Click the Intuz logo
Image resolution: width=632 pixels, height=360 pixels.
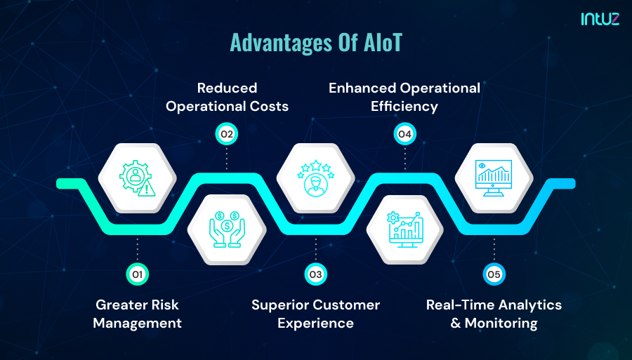[600, 20]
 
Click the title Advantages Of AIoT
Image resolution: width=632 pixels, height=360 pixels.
[316, 44]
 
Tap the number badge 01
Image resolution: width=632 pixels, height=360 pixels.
[138, 274]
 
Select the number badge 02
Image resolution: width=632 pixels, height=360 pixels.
[227, 133]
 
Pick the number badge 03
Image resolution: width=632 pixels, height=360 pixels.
[315, 274]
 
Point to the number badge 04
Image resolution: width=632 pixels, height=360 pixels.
[404, 133]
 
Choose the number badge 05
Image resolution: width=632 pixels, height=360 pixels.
[494, 274]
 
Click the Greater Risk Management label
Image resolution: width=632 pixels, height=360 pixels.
[138, 314]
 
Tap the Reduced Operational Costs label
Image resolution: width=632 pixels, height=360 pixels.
[227, 98]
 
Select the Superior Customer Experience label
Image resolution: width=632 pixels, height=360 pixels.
[315, 314]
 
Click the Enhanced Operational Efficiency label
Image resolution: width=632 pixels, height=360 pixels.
[404, 98]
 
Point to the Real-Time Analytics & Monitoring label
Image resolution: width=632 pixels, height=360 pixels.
[494, 314]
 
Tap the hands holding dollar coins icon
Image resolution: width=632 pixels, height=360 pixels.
[227, 229]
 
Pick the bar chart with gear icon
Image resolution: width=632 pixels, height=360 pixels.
[404, 229]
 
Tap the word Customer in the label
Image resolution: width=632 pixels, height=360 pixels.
[346, 305]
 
